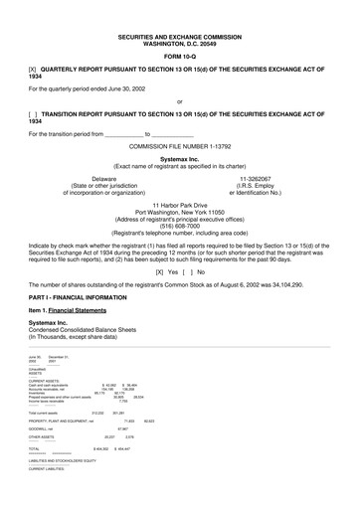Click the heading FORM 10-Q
tap(179, 57)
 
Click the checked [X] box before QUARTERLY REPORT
tap(34, 71)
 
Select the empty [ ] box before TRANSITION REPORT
tap(34, 114)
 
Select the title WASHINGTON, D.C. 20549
tap(179, 43)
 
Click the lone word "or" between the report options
tap(179, 101)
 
